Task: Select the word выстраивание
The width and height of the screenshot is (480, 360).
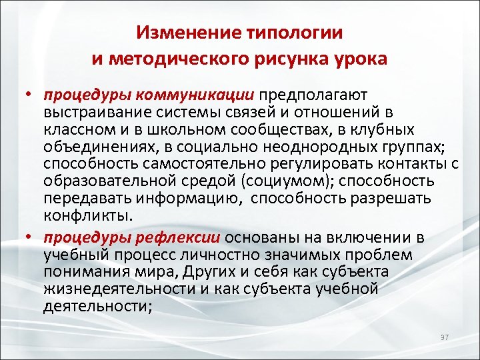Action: pyautogui.click(x=91, y=113)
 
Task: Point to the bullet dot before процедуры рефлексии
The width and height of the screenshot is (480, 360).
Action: pyautogui.click(x=31, y=239)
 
